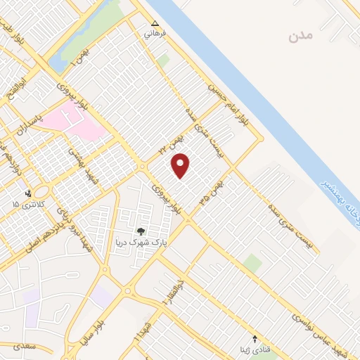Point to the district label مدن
299,36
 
